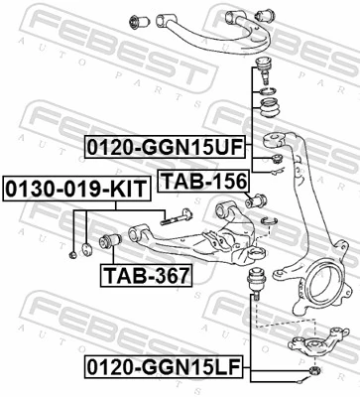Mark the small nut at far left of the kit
[75, 255]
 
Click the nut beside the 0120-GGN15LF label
[314, 372]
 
